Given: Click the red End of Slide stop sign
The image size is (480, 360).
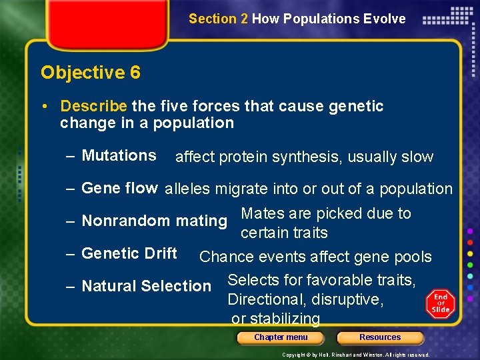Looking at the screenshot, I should tap(441, 303).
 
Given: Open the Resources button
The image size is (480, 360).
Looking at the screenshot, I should tap(380, 337).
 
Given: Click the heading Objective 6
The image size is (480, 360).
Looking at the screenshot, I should tap(91, 72).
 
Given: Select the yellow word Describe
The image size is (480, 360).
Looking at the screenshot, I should tap(93, 106).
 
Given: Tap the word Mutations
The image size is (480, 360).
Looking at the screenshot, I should tap(119, 155).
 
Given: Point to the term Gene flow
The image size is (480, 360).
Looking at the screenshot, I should tap(119, 188).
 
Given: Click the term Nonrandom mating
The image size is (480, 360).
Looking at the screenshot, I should tap(154, 221).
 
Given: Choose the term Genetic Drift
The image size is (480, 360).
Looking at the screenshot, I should tap(129, 253).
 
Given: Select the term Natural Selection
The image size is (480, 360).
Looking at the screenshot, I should tap(146, 286).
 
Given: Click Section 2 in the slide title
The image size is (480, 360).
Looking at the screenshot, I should tap(218, 19).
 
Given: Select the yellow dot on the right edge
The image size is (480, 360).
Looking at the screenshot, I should tap(471, 253).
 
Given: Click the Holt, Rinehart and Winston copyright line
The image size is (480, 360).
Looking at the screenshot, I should tap(355, 355).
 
